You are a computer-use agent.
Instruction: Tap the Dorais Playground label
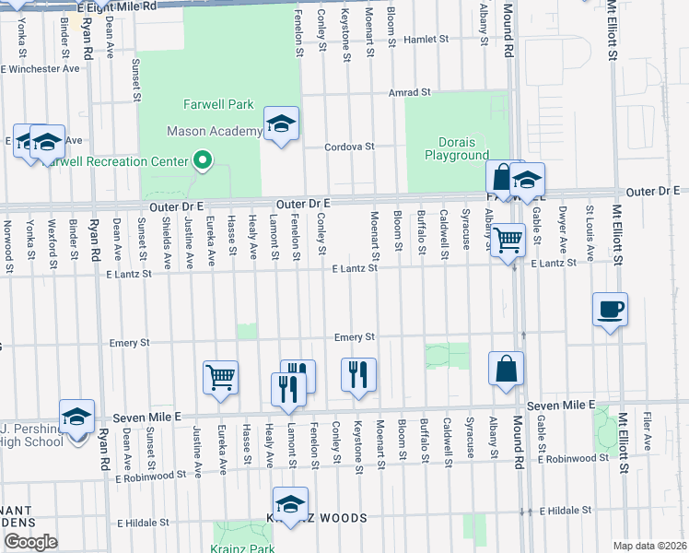coord(456,148)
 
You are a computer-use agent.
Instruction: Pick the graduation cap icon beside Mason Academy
coord(281,124)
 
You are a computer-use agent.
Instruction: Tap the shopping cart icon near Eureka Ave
coord(220,376)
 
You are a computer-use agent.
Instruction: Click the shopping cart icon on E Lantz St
coord(508,240)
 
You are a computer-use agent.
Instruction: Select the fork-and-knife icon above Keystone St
coord(358,373)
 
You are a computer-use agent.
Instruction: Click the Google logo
coord(30,542)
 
